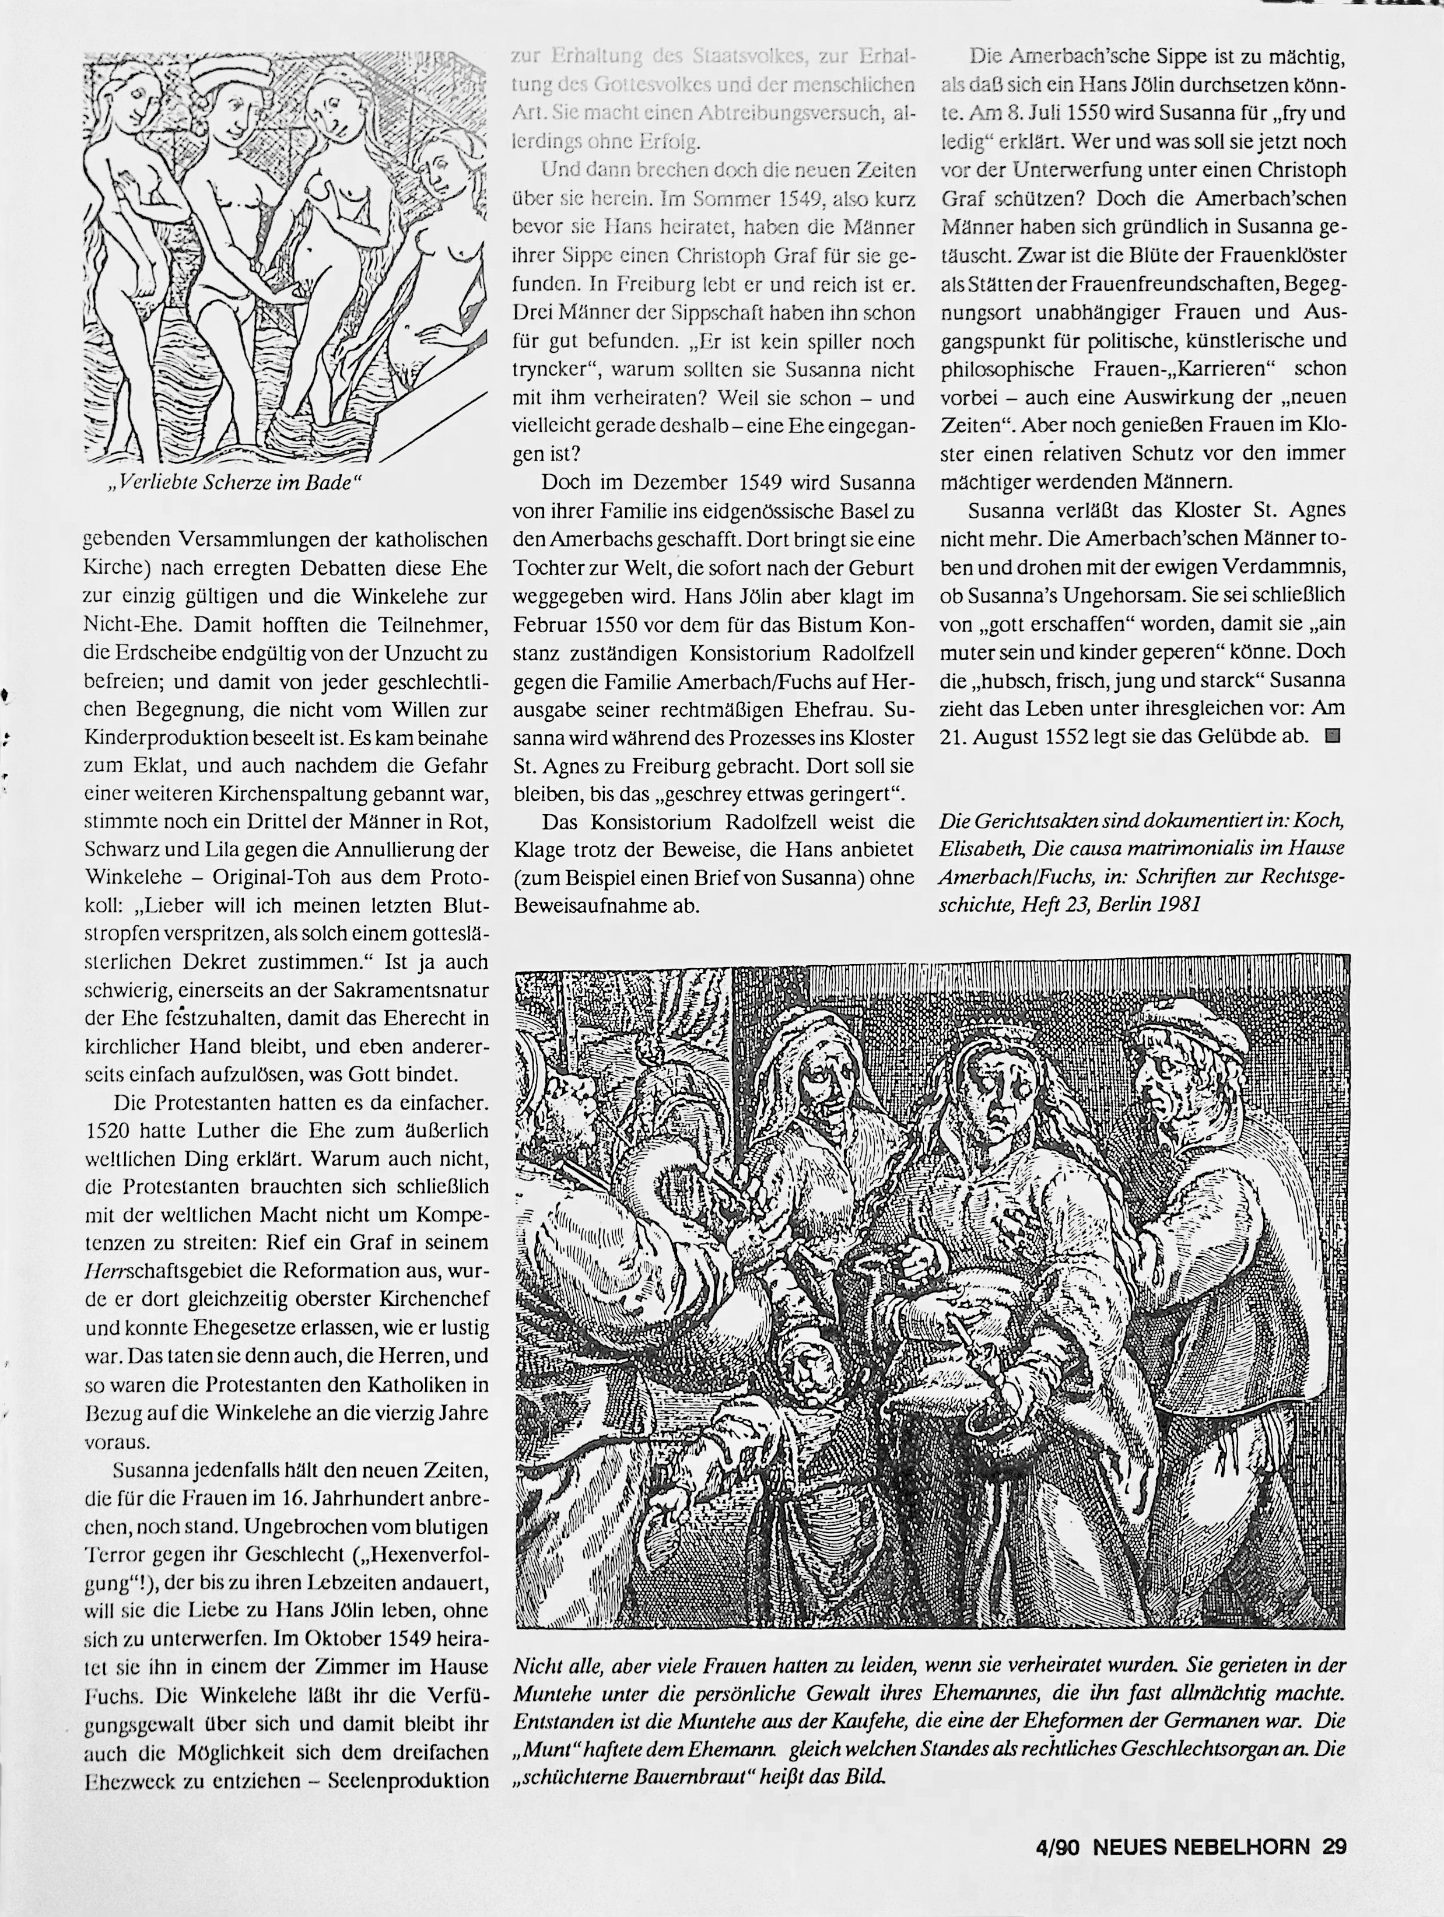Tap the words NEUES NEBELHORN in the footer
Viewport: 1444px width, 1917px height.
[1200, 1847]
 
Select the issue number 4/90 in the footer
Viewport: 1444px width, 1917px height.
[1057, 1847]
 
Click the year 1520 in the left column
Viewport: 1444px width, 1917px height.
[108, 1131]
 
